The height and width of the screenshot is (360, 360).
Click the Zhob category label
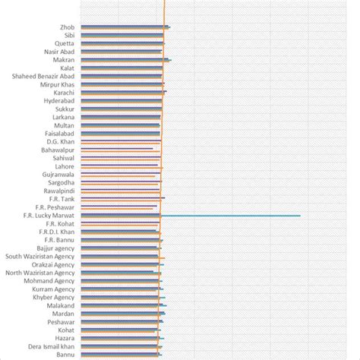point(67,27)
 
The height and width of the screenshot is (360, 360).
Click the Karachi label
point(64,93)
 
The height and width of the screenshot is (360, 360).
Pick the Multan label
point(65,125)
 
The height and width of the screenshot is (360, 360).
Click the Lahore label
point(65,166)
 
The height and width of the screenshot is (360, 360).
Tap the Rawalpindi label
point(58,191)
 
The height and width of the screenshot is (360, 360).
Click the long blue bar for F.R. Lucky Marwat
point(228,216)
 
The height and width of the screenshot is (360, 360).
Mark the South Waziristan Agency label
point(40,256)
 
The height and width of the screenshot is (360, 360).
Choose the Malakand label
point(61,305)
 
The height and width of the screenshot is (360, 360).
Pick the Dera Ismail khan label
point(47,346)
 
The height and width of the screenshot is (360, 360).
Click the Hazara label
point(64,338)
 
